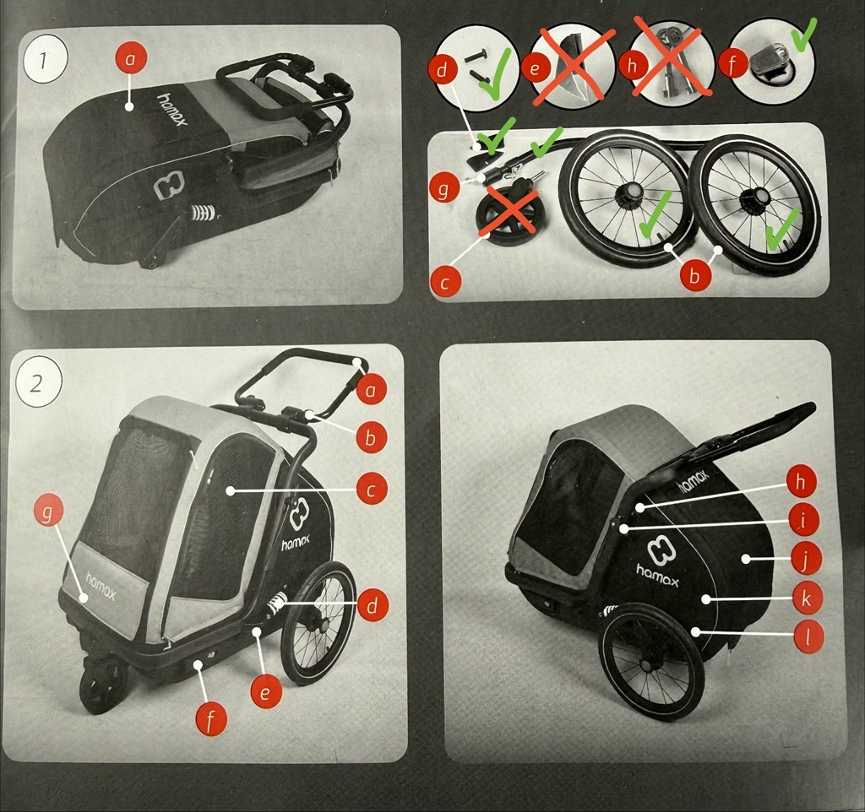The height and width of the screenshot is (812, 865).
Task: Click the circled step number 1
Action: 45,61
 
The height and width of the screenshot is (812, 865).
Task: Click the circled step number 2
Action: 37,384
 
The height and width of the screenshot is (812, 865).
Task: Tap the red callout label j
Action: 804,560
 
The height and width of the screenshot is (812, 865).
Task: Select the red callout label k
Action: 805,598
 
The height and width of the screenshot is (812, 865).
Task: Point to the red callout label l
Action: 808,637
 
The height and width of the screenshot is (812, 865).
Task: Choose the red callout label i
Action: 802,521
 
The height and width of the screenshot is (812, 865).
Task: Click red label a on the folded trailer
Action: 130,58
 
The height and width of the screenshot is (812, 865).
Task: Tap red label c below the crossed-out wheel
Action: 445,281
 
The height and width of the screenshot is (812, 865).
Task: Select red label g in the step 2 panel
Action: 48,512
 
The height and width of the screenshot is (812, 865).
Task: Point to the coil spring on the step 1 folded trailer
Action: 203,212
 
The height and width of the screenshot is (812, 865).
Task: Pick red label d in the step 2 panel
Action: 373,605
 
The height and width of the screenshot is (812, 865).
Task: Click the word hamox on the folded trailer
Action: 172,109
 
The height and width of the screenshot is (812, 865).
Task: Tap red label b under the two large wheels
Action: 694,275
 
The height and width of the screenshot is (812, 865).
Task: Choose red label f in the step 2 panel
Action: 210,719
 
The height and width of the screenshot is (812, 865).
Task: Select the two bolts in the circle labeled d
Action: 479,67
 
